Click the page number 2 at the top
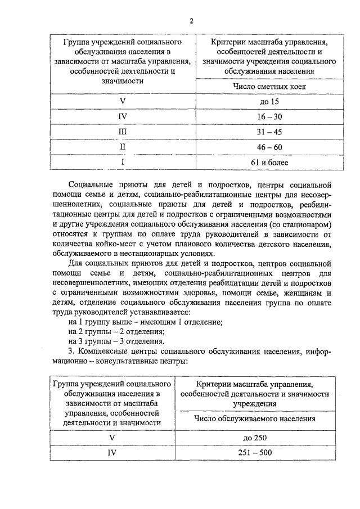pos(191,21)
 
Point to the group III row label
pos(122,132)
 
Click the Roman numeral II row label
pos(122,147)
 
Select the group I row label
pos(122,163)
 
